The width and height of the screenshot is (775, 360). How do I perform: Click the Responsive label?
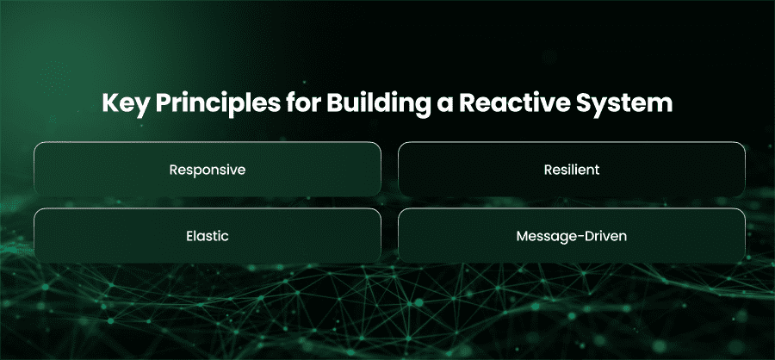[x=208, y=171]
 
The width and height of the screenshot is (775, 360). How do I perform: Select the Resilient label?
[x=572, y=170]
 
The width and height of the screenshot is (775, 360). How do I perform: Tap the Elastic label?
[x=208, y=236]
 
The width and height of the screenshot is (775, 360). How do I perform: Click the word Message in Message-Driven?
[x=542, y=236]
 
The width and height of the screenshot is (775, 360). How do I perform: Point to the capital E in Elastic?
[x=190, y=236]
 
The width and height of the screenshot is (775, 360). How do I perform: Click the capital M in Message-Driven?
[x=523, y=236]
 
